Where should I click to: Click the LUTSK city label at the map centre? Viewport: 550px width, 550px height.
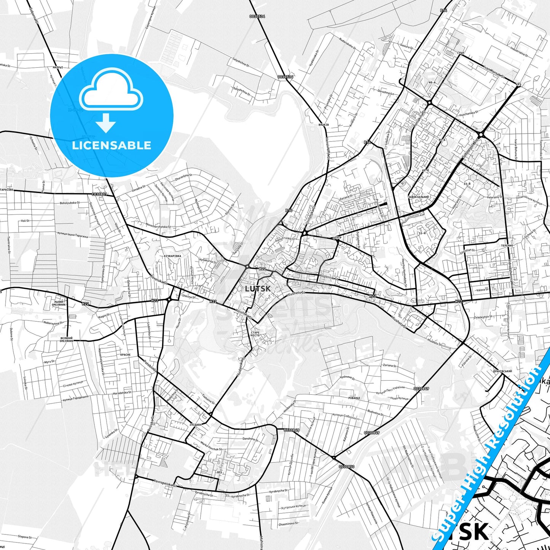tap(258, 289)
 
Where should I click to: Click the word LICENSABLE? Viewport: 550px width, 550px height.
tap(112, 145)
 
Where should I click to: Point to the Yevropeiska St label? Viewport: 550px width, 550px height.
tap(166, 483)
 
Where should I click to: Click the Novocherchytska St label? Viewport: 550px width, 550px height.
tap(158, 226)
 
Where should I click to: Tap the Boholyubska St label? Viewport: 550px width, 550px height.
tap(70, 203)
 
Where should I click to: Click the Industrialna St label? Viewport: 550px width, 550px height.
tap(519, 52)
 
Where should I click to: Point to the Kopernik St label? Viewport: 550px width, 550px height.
tap(329, 277)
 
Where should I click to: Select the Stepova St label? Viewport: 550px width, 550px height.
tap(25, 537)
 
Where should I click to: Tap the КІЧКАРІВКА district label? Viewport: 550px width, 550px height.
tap(172, 256)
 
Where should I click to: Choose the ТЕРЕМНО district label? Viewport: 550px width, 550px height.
tap(507, 246)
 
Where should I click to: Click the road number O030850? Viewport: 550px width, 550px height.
tap(346, 467)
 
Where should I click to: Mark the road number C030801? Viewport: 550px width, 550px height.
tap(99, 194)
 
